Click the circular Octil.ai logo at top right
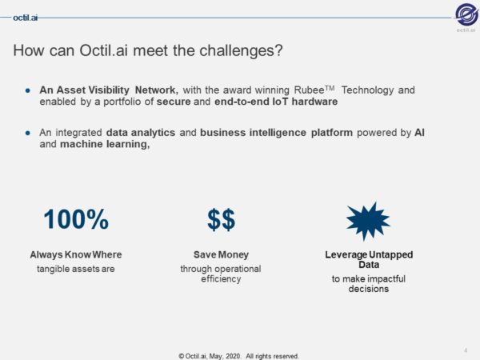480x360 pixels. tap(466, 15)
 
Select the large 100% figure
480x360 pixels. tap(76, 219)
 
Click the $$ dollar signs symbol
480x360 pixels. tap(221, 219)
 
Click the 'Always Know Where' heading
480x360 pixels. tap(76, 254)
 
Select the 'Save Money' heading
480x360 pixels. tap(221, 254)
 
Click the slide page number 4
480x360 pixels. tap(465, 350)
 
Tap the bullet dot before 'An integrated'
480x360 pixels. tap(28, 130)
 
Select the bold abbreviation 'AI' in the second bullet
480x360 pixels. tap(418, 130)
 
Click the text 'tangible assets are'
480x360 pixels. tap(76, 269)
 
